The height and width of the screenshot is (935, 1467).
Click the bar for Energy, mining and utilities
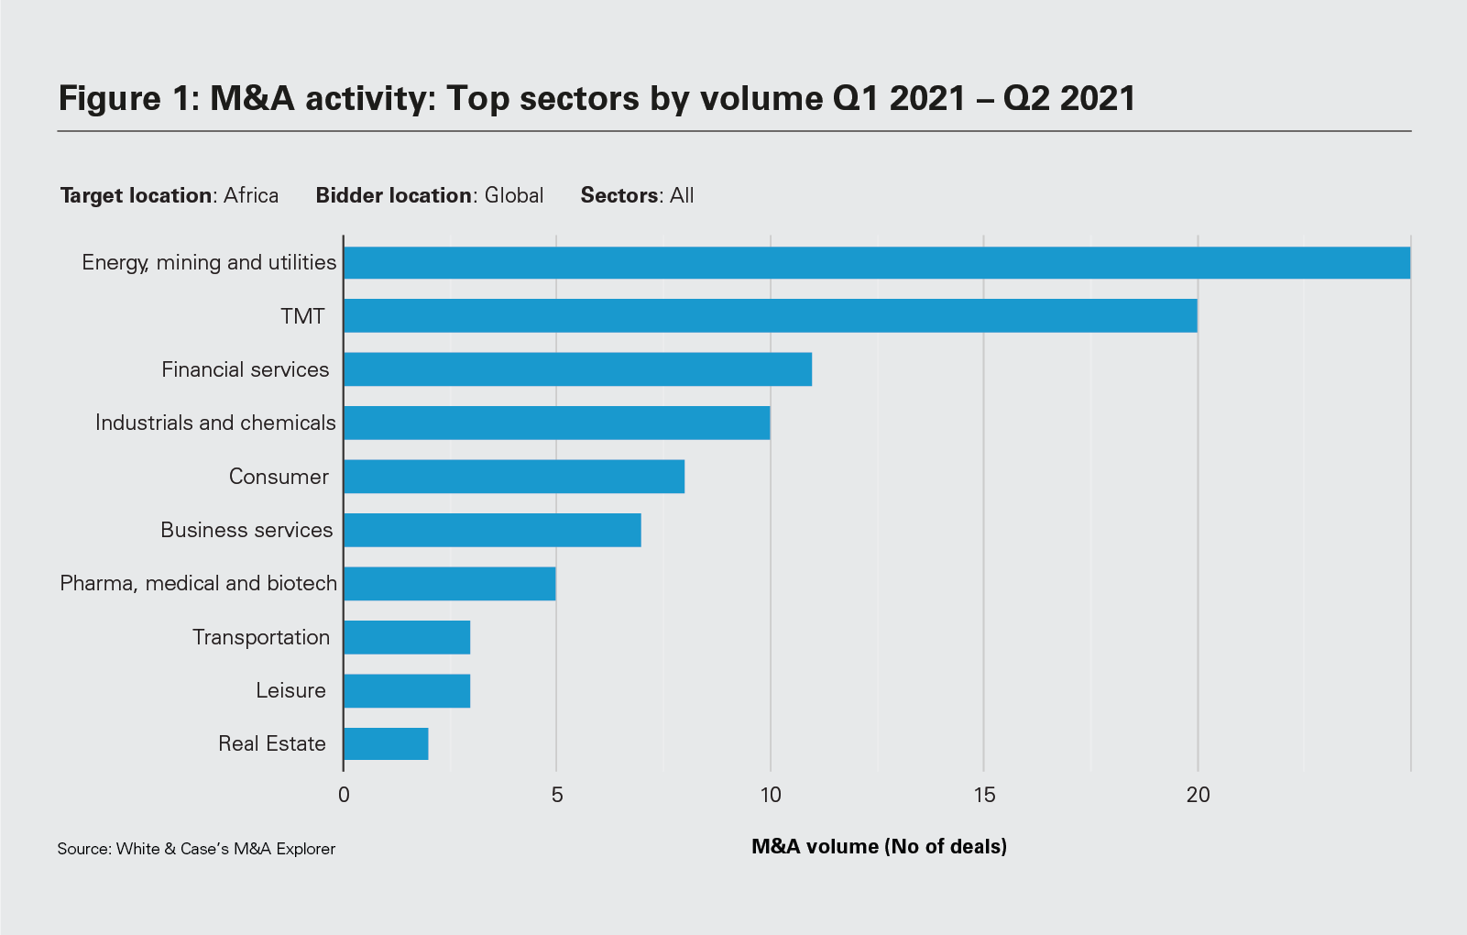click(x=876, y=262)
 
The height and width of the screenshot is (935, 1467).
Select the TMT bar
click(x=770, y=316)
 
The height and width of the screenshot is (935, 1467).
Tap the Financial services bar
click(x=577, y=369)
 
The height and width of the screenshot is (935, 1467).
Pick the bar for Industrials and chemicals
click(x=556, y=423)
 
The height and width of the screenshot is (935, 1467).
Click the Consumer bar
click(x=513, y=477)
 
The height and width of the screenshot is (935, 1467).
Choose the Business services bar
click(x=492, y=530)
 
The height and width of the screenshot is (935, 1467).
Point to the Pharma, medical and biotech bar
click(x=449, y=583)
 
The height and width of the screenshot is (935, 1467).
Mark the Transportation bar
click(x=407, y=637)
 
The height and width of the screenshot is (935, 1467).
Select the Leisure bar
click(x=407, y=690)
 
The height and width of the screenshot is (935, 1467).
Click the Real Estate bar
click(x=386, y=743)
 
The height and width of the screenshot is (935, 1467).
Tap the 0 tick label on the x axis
click(x=344, y=795)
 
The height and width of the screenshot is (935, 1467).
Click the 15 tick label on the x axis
click(x=984, y=795)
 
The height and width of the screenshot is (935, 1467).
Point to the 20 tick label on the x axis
click(x=1198, y=795)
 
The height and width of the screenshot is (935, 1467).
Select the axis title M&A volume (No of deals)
click(x=879, y=846)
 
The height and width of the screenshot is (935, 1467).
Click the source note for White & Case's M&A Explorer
click(x=196, y=849)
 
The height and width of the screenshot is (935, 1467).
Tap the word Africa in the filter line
click(x=251, y=195)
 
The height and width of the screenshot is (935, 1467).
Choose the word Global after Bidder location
click(x=514, y=195)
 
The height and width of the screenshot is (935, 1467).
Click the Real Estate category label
click(x=272, y=743)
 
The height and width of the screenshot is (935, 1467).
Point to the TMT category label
click(x=302, y=316)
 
